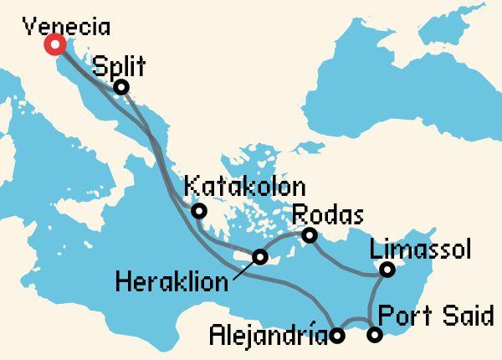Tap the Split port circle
(x=121, y=87)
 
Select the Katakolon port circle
(x=199, y=210)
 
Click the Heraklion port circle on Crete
(x=261, y=256)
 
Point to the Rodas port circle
(x=310, y=236)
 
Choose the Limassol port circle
(x=387, y=270)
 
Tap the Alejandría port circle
(x=336, y=337)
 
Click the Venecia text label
(x=66, y=25)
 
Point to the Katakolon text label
(x=244, y=186)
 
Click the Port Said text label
(x=435, y=316)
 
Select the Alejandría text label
(x=267, y=337)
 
